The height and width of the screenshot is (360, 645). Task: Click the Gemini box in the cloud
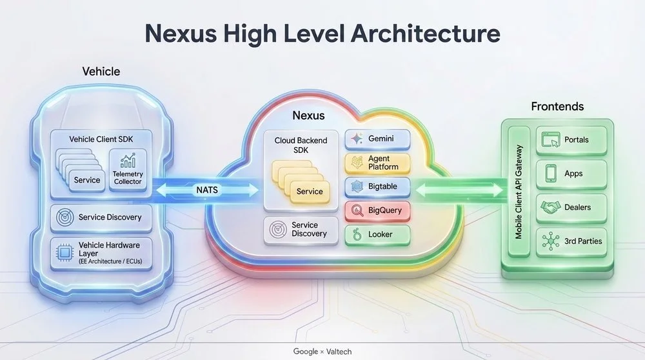tap(377, 139)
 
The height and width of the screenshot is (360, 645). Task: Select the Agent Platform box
tap(377, 163)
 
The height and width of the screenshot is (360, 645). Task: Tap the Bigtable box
tap(377, 186)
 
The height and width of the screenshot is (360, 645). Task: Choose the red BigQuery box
tap(377, 210)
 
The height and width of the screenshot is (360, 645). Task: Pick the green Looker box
tap(377, 234)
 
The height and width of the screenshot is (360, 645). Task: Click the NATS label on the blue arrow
tap(207, 190)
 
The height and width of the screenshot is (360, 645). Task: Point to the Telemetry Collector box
tap(128, 170)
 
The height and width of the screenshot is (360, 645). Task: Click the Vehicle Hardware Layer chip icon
tap(64, 253)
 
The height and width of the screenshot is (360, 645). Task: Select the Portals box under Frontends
tap(571, 140)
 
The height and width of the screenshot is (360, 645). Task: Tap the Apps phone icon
tap(551, 173)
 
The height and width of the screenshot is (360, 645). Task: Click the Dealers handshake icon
tap(550, 207)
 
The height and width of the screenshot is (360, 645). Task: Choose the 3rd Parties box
tap(571, 242)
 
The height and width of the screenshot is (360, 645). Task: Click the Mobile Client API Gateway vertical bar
tap(519, 192)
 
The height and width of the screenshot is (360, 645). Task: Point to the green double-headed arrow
tap(459, 190)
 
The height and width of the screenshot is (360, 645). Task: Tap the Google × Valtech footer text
tap(322, 352)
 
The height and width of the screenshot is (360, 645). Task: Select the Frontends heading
tap(557, 106)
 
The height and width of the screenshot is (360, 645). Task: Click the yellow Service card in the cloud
tap(310, 192)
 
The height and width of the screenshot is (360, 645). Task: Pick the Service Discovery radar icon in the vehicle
tap(65, 217)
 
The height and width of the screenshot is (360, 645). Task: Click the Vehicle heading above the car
tap(101, 72)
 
